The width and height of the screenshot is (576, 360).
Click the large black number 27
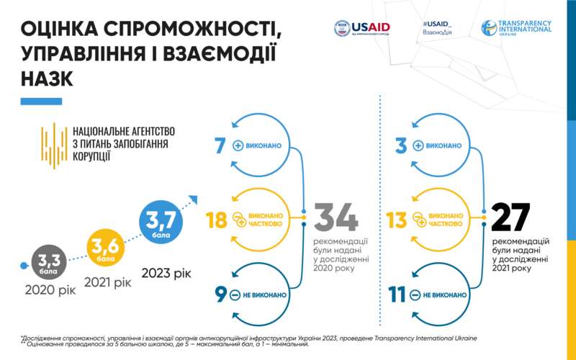coord(510,217)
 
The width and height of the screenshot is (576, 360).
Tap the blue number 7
coord(220,145)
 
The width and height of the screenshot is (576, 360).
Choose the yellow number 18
coord(216,220)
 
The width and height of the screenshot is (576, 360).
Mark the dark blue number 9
coord(220,295)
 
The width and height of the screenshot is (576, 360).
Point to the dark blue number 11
coord(398,295)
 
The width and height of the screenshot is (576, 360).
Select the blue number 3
coord(402,145)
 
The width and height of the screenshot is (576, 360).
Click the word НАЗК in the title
coord(48,78)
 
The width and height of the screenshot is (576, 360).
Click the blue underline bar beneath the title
coord(41,102)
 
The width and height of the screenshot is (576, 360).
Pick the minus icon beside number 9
coord(235,295)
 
